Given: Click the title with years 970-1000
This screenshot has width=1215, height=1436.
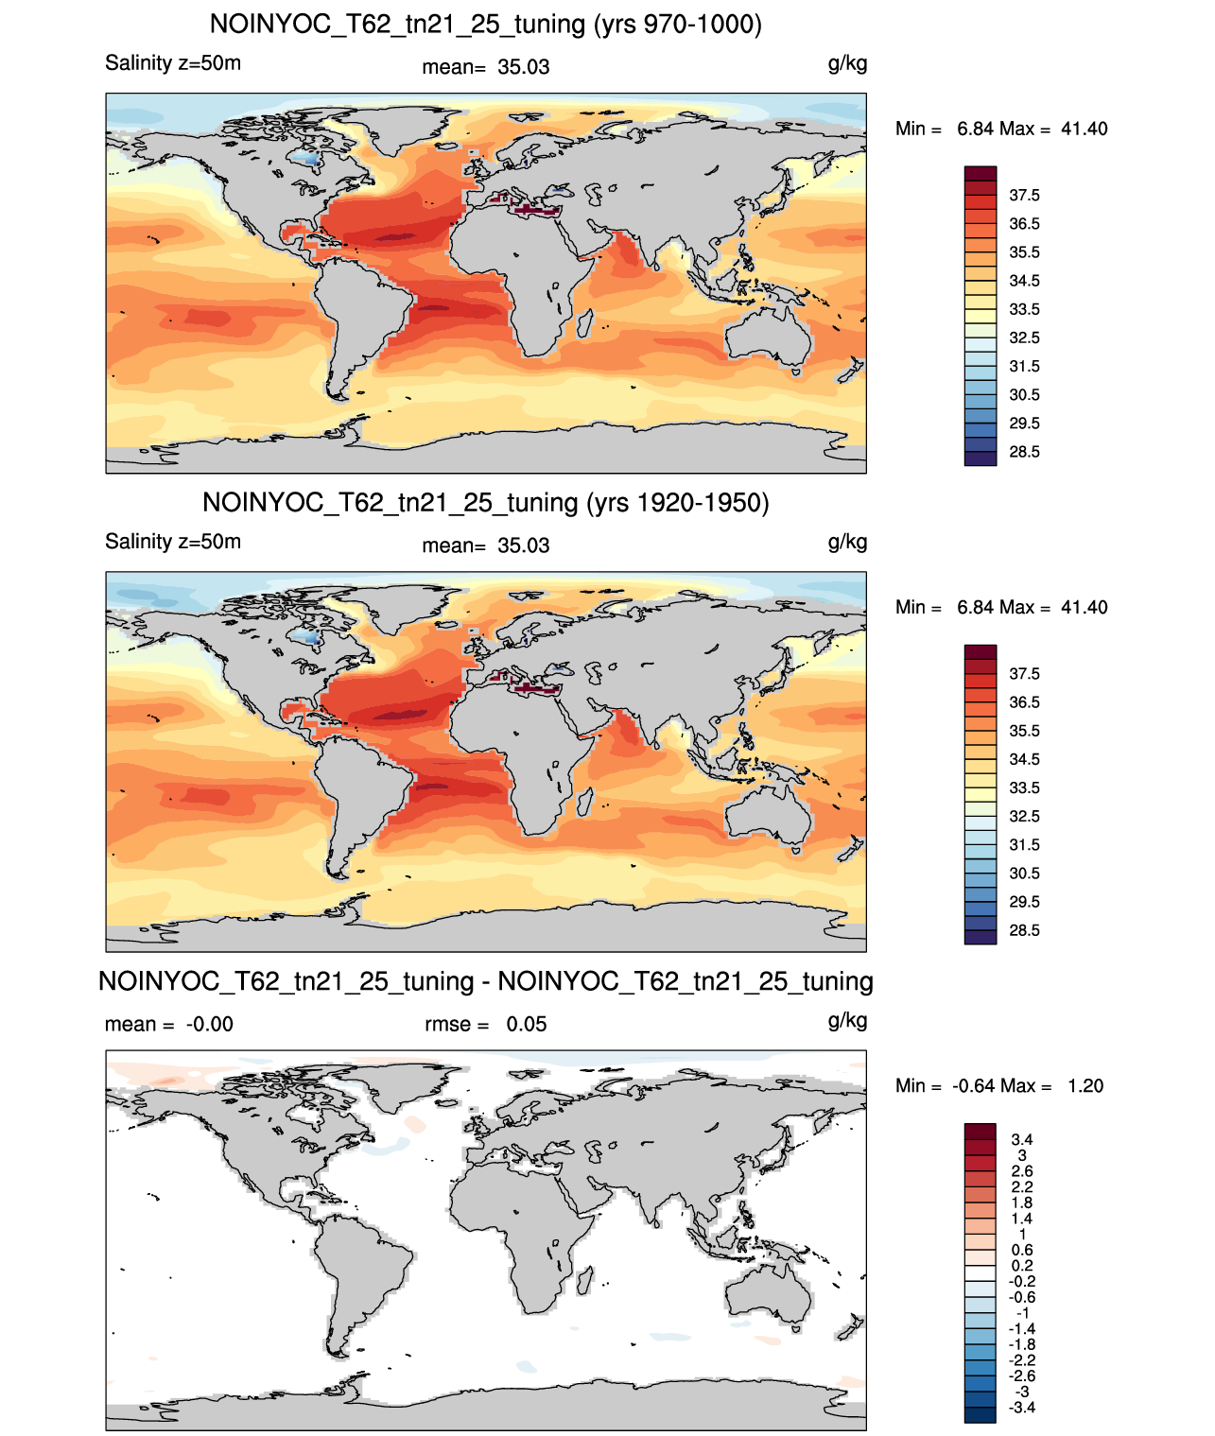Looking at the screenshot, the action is (x=486, y=25).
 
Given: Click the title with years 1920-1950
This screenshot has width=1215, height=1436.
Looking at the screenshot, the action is (x=486, y=502).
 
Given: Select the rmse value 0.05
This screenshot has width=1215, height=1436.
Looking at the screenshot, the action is (x=526, y=1024).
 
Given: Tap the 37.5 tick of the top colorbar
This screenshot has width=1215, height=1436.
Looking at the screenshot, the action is (x=1024, y=196).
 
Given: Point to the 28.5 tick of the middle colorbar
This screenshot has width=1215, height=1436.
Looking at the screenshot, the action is (x=1024, y=930).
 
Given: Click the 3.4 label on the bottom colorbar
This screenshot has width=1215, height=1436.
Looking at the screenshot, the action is (x=1022, y=1139).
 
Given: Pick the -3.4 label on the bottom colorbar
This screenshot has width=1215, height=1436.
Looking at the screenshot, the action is (x=1022, y=1408).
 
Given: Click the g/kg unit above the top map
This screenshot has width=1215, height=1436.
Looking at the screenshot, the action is (x=847, y=64).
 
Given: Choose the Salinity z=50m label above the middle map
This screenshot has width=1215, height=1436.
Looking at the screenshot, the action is (x=173, y=541).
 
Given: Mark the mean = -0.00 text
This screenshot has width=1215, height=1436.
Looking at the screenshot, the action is (x=169, y=1024).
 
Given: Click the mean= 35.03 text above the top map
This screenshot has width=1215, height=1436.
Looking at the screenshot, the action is (x=486, y=67).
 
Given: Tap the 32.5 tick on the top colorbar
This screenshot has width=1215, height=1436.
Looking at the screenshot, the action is (x=1024, y=337).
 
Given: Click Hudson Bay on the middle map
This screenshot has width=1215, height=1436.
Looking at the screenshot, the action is (x=306, y=638).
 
